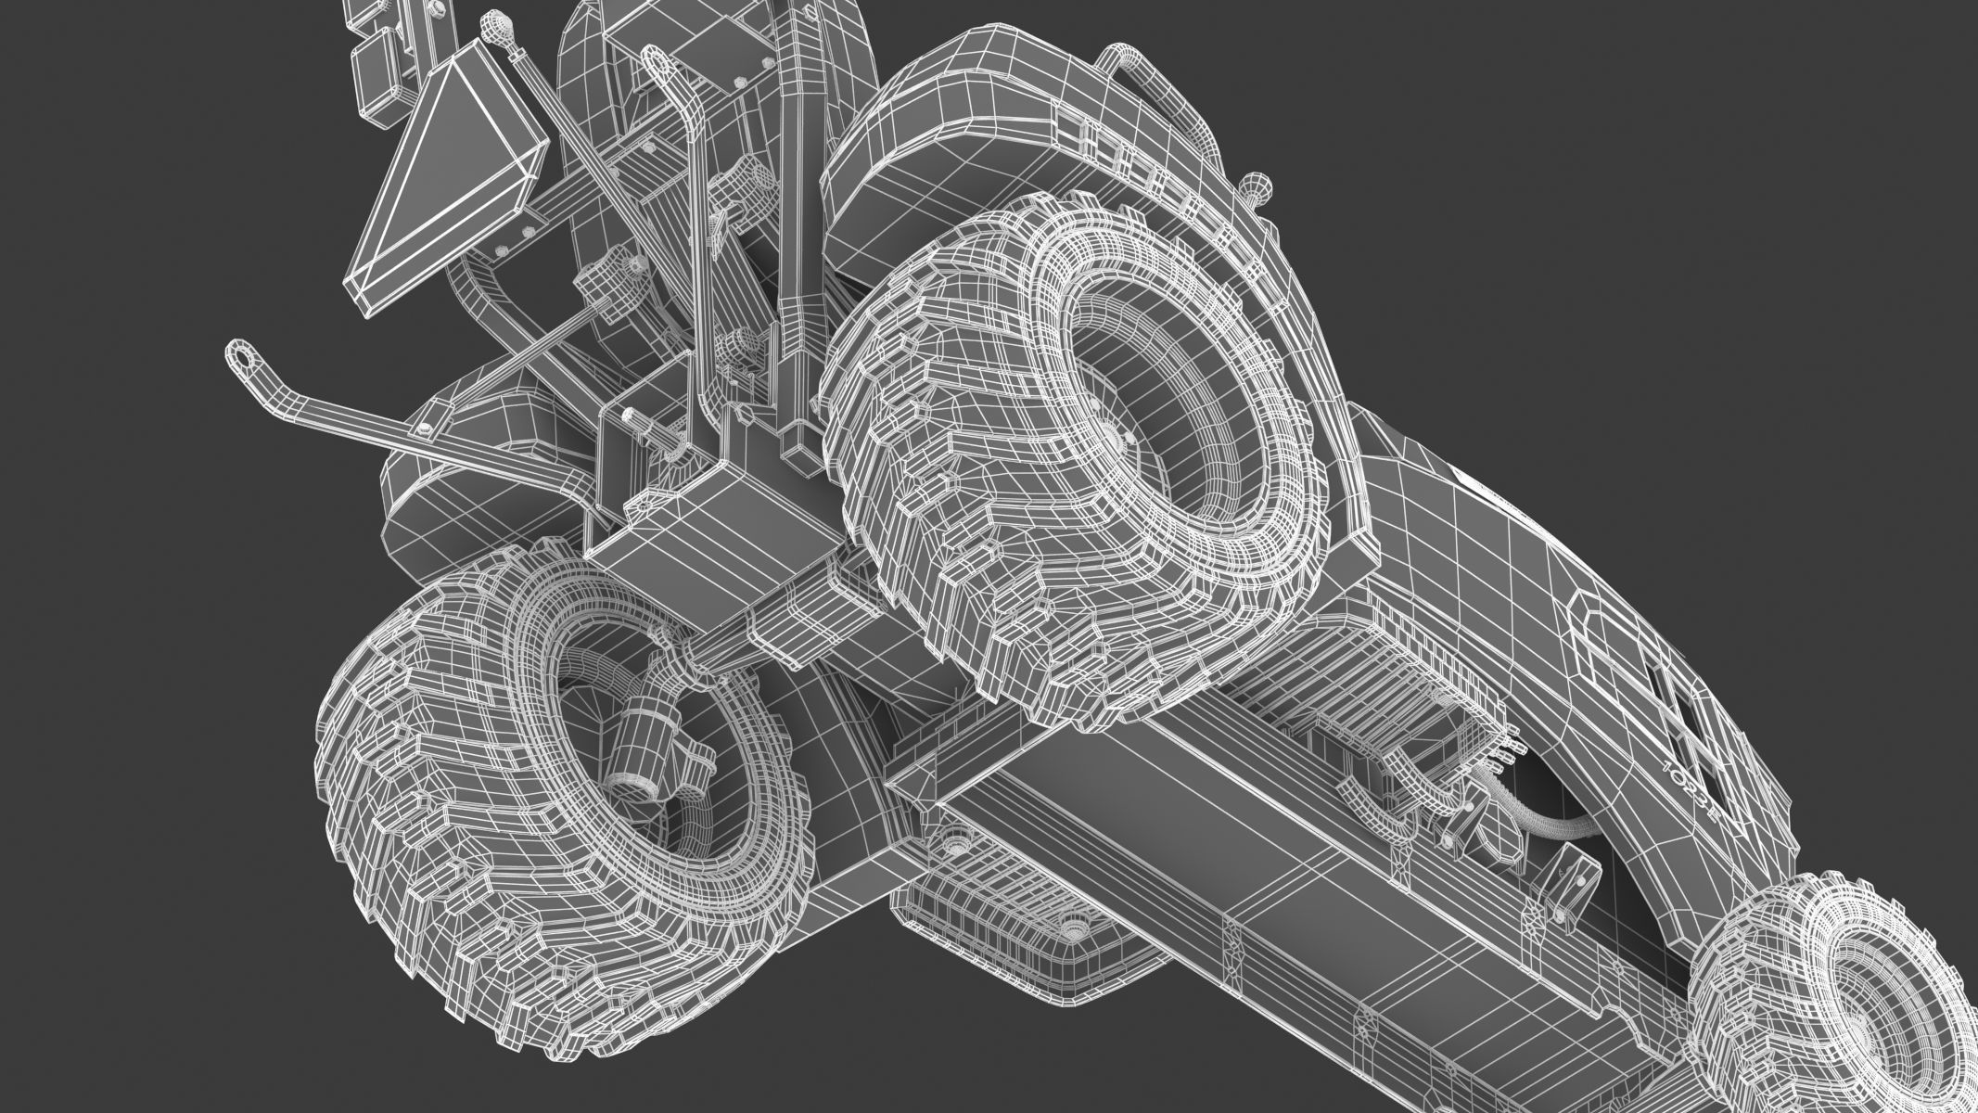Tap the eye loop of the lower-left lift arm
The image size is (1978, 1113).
pyautogui.click(x=244, y=353)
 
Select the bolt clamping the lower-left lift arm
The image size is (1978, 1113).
pyautogui.click(x=424, y=429)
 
